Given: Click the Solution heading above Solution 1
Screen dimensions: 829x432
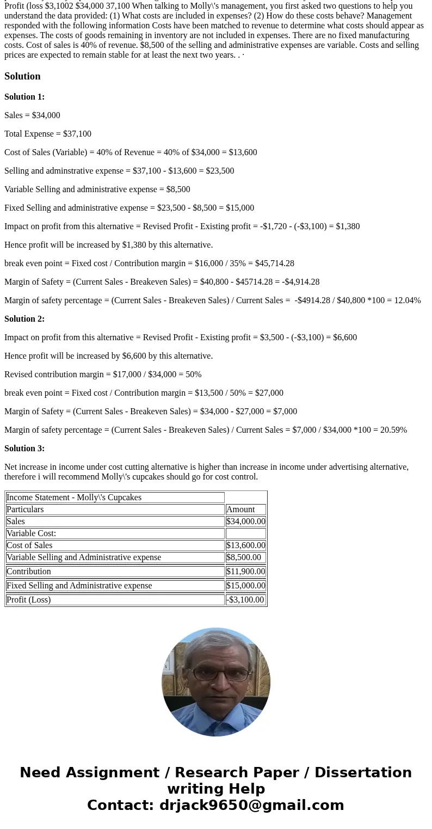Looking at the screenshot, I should coord(22,76).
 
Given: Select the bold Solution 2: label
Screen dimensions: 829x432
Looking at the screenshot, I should coord(24,319).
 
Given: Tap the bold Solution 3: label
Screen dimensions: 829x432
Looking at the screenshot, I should coord(24,449).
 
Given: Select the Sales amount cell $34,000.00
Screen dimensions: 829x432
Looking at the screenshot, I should coord(246,521).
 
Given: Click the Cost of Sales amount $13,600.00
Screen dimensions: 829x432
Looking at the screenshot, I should coord(246,545).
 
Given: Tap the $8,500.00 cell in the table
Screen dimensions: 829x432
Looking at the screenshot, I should coord(244,557).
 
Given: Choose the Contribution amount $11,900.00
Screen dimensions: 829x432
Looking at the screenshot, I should coord(246,572).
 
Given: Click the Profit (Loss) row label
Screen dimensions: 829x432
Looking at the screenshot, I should coord(29,600).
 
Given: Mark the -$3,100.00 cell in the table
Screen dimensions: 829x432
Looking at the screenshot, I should coord(245,600).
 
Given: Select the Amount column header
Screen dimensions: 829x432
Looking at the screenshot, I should coord(240,509).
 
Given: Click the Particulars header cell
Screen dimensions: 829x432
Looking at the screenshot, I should coord(25,509).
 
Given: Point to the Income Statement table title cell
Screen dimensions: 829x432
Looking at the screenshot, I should coord(74,498).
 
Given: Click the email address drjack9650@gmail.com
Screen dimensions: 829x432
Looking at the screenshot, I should coord(251,806).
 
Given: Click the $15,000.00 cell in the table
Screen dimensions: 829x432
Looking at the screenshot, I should coord(246,586).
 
